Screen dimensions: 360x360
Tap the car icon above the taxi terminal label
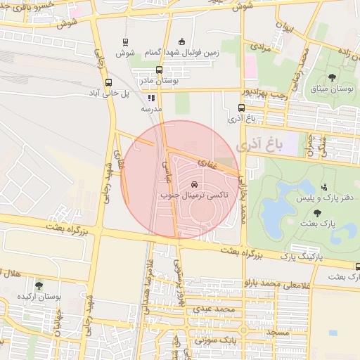click(194, 184)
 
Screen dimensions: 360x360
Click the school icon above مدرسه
click(151, 98)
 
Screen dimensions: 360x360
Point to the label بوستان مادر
click(159, 82)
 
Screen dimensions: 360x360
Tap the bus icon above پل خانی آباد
click(108, 82)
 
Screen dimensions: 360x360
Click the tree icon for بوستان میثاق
click(332, 78)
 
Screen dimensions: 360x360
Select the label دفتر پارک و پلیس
click(324, 198)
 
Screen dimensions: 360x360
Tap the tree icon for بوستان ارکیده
click(38, 285)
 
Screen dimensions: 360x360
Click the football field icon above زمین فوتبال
click(183, 41)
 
